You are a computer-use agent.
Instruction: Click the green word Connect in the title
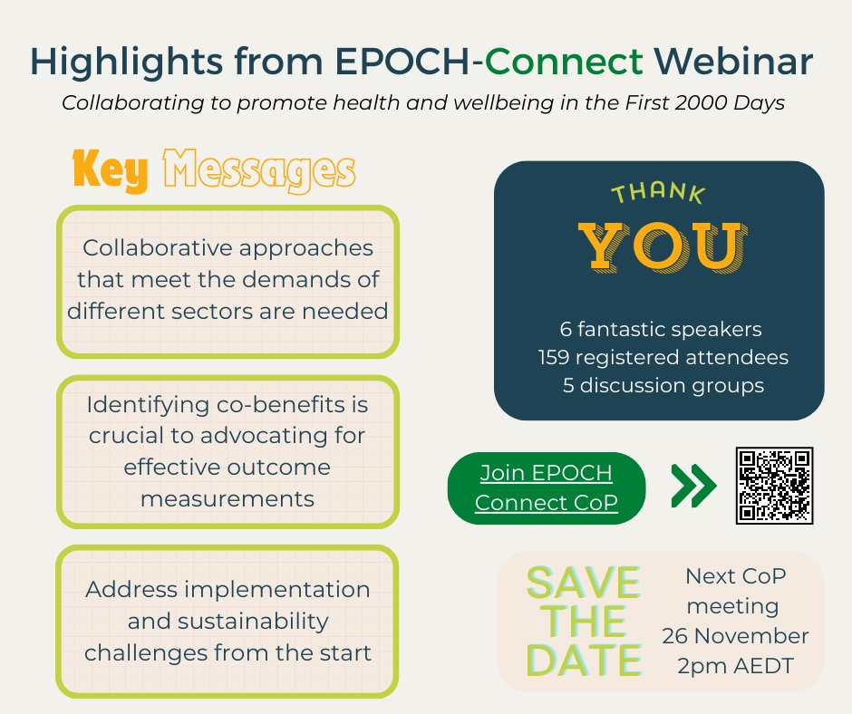(565, 61)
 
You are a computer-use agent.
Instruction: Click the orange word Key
(110, 170)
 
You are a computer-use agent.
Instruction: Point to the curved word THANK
(657, 193)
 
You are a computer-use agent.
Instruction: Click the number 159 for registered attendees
(554, 357)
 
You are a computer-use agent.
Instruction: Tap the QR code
(774, 485)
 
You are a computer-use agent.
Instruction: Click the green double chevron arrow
(693, 487)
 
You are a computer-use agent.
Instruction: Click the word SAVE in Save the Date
(584, 584)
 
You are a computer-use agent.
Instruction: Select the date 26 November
(735, 635)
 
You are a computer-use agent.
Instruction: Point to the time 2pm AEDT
(735, 665)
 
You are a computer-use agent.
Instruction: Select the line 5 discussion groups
(662, 385)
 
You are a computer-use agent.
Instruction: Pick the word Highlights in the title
(132, 61)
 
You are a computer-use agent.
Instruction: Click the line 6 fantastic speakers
(662, 329)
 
